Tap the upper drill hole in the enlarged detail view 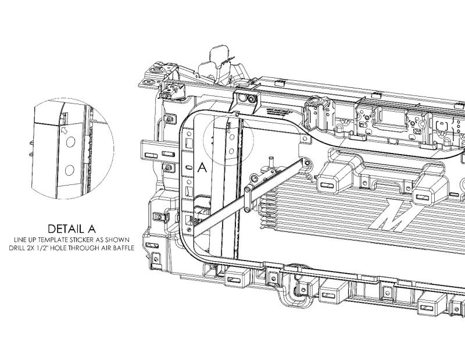pyautogui.click(x=70, y=142)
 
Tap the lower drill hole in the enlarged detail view pyautogui.click(x=69, y=170)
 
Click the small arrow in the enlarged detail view pyautogui.click(x=64, y=130)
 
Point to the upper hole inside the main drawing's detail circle pyautogui.click(x=232, y=137)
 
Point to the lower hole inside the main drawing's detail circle pyautogui.click(x=231, y=151)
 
